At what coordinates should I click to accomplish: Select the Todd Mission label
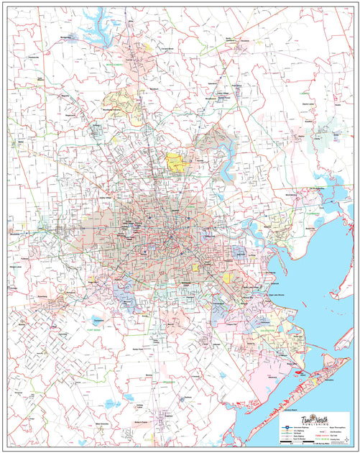tap(41, 78)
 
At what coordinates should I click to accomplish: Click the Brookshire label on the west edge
tap(16, 233)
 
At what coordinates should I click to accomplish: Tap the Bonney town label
tap(149, 375)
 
